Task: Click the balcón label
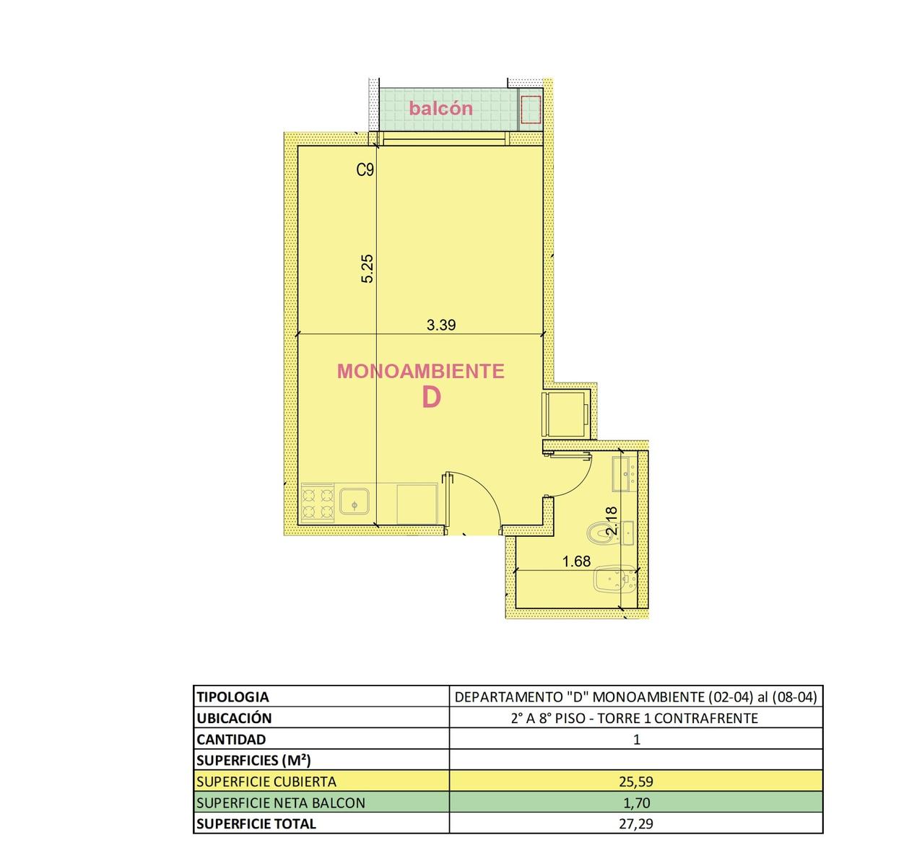coord(440,108)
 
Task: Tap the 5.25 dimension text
coord(368,268)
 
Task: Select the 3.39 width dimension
coord(441,325)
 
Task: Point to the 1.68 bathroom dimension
coord(576,561)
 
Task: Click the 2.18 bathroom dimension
coord(612,521)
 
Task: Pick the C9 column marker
coord(365,170)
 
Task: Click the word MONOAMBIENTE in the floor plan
coord(421,371)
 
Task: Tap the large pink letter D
coord(431,397)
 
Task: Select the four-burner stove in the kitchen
coord(318,504)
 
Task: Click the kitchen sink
coord(355,502)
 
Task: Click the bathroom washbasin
coord(624,473)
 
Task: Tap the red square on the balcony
coord(530,110)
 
